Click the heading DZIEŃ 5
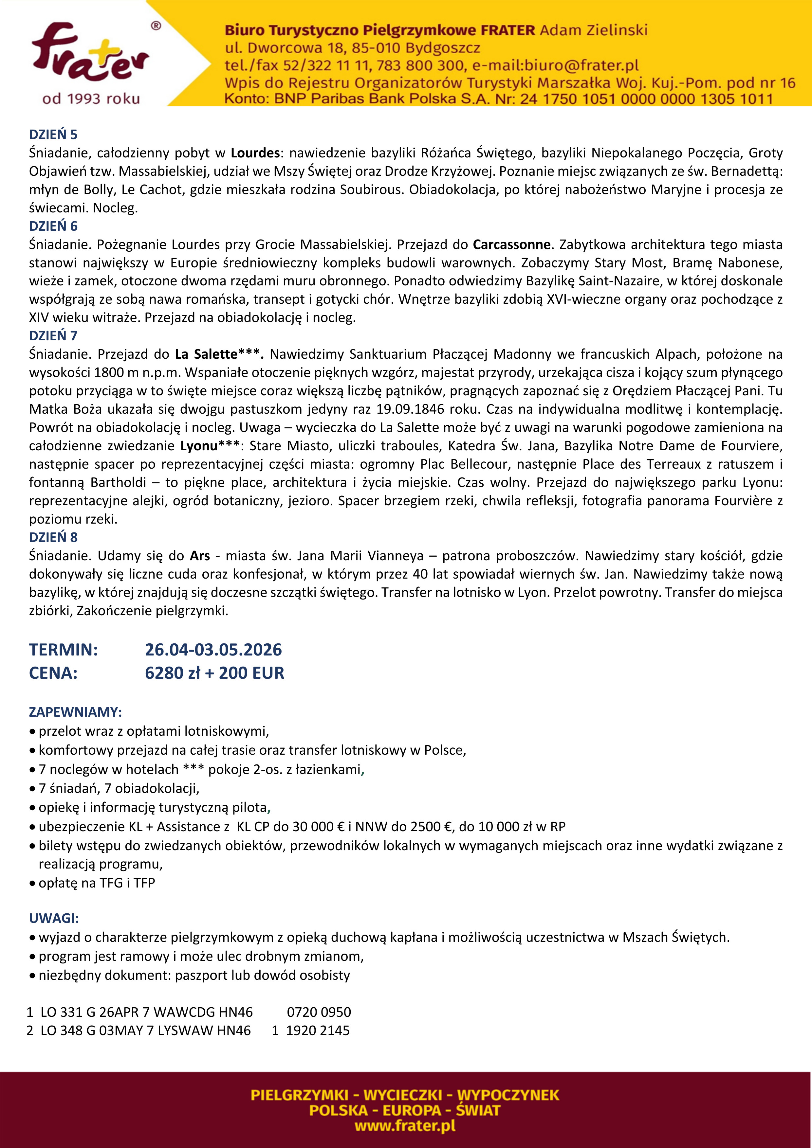53,135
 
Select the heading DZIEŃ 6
53,226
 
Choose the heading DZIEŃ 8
53,537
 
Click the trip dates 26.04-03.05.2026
213,650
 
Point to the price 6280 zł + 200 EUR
214,673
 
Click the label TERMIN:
64,650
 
